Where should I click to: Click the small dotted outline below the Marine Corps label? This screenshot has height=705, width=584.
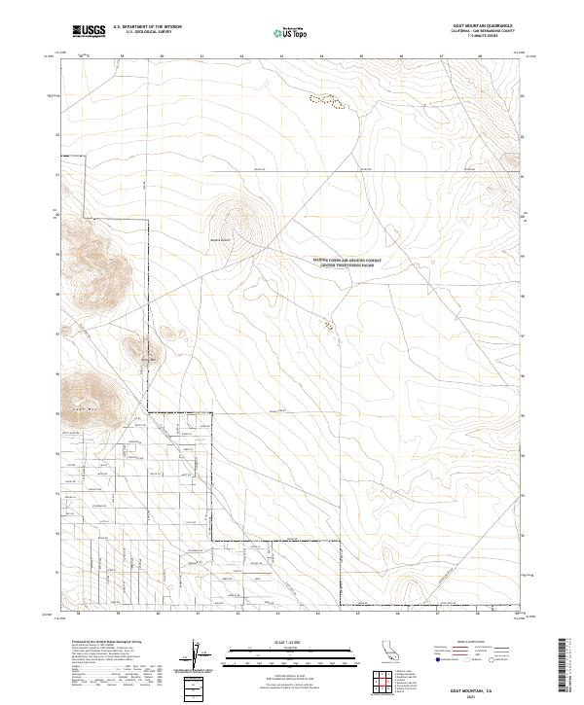tap(328, 326)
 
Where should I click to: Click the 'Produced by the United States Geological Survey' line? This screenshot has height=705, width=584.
tap(97, 642)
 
